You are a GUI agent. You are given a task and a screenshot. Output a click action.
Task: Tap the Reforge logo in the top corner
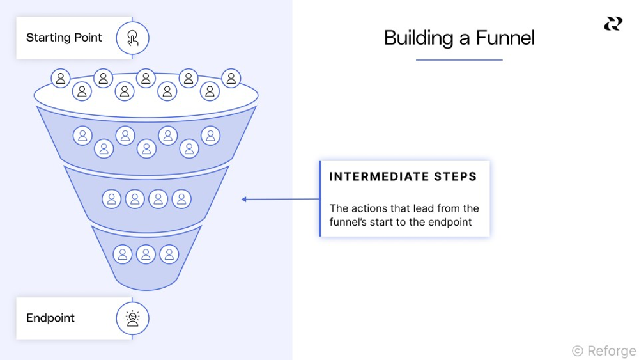(613, 24)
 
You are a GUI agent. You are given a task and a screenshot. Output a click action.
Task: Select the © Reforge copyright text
(604, 350)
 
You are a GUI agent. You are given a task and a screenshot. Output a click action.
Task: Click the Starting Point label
(64, 38)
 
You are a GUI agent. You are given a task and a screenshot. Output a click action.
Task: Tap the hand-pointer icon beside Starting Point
(132, 38)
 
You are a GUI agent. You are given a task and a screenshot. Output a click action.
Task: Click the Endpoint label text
(50, 318)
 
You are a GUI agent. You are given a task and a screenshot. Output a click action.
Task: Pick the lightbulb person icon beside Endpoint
(132, 318)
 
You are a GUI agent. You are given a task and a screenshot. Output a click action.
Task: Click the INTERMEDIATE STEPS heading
(403, 177)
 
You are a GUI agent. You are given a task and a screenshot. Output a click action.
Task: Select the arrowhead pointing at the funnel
(244, 200)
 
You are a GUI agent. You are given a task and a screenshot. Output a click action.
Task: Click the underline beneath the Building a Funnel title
(459, 60)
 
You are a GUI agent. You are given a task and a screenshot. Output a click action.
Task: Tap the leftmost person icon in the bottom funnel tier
(122, 254)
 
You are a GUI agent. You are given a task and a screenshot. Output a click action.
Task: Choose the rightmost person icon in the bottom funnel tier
(169, 254)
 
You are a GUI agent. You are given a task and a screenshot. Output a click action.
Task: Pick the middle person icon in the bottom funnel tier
(146, 254)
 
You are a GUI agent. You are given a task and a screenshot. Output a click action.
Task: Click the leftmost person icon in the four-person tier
(111, 199)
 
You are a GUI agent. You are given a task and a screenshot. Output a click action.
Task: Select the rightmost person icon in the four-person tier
(181, 199)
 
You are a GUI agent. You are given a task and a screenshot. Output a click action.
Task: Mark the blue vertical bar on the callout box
(320, 199)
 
